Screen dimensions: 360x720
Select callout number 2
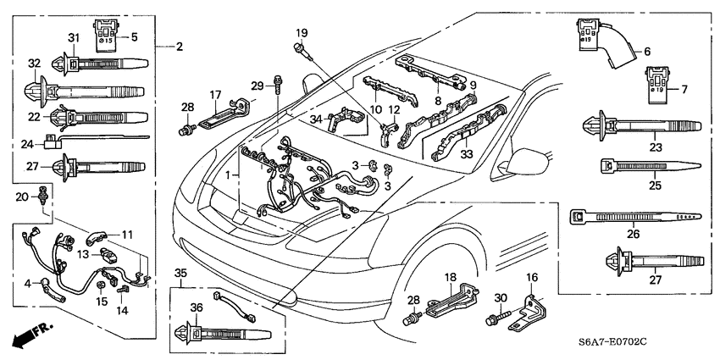coord(179,46)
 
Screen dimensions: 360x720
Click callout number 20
coord(22,197)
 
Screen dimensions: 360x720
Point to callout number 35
coord(179,273)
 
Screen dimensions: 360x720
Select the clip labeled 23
coord(642,126)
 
